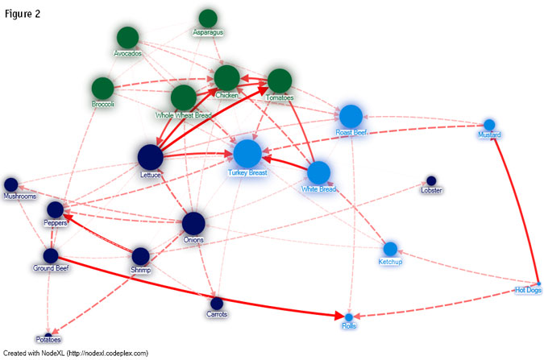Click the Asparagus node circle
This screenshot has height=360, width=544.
click(x=208, y=18)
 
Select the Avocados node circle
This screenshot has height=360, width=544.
click(x=127, y=37)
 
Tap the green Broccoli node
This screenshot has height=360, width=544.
click(x=102, y=88)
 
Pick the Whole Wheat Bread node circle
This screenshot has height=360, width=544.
click(x=184, y=97)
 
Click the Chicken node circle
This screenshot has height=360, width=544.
click(x=226, y=78)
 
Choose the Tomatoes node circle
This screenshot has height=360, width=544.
click(x=279, y=81)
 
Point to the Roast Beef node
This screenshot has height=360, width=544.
click(x=351, y=116)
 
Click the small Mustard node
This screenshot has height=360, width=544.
click(x=489, y=124)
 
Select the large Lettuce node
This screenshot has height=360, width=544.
click(x=151, y=157)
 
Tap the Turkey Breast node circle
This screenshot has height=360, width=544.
click(x=247, y=153)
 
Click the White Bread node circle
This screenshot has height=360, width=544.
click(x=318, y=172)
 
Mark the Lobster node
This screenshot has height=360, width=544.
click(x=431, y=180)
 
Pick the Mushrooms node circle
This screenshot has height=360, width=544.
click(x=11, y=184)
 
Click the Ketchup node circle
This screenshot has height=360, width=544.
click(x=390, y=249)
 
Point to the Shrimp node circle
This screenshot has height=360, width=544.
click(x=140, y=256)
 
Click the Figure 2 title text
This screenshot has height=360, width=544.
click(x=23, y=14)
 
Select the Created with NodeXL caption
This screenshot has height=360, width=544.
click(x=77, y=353)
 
